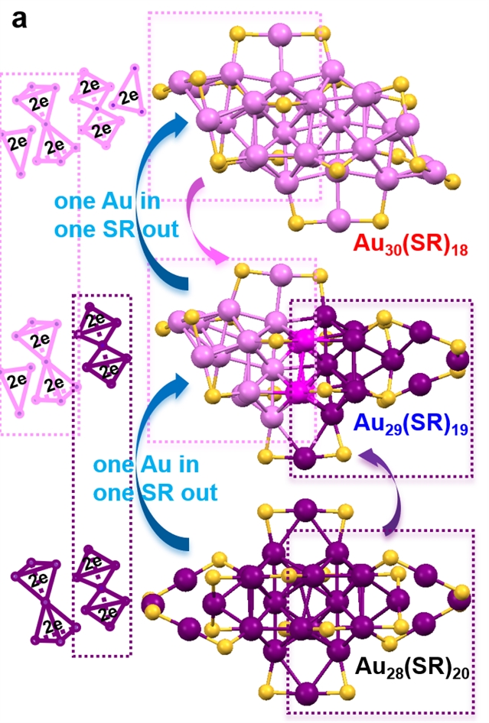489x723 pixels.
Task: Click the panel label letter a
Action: (x=20, y=18)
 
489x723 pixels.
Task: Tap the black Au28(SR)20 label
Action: (x=411, y=670)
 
